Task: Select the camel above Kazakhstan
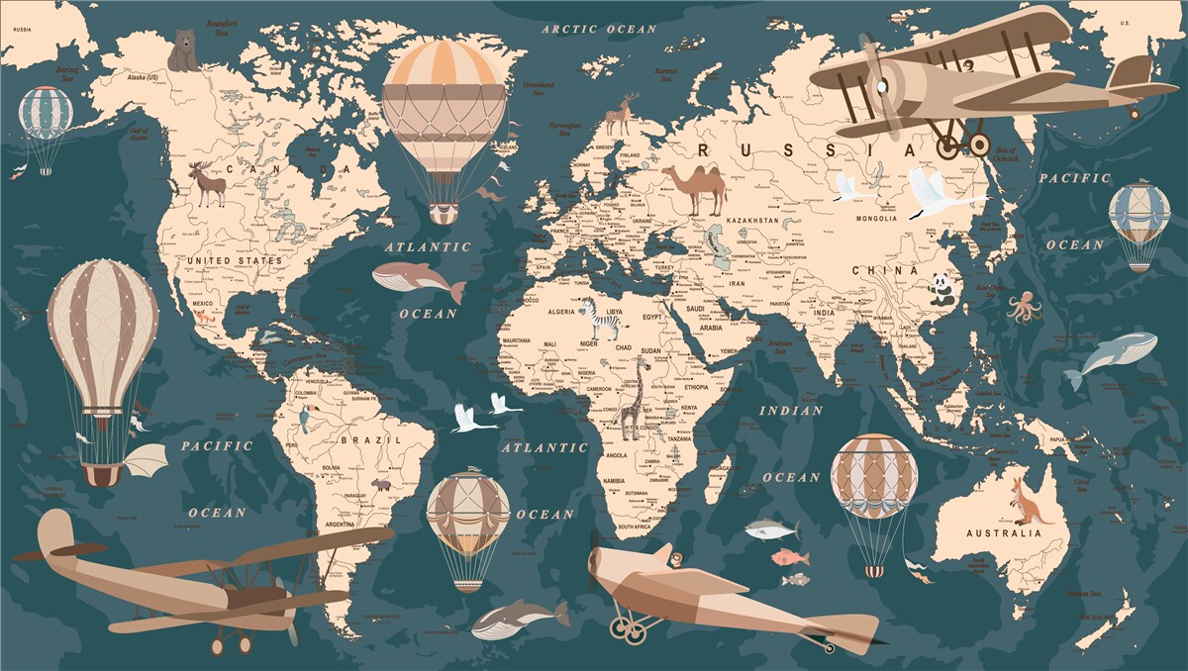coord(695,189)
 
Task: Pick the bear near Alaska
coord(182,50)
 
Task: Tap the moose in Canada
coord(208,184)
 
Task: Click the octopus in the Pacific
coord(1024,307)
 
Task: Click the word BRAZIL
coord(357,438)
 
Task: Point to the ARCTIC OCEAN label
coord(599,30)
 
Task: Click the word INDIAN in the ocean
coord(791,410)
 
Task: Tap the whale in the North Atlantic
coord(418,280)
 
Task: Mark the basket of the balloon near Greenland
coord(444,213)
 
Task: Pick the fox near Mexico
coord(205,316)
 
